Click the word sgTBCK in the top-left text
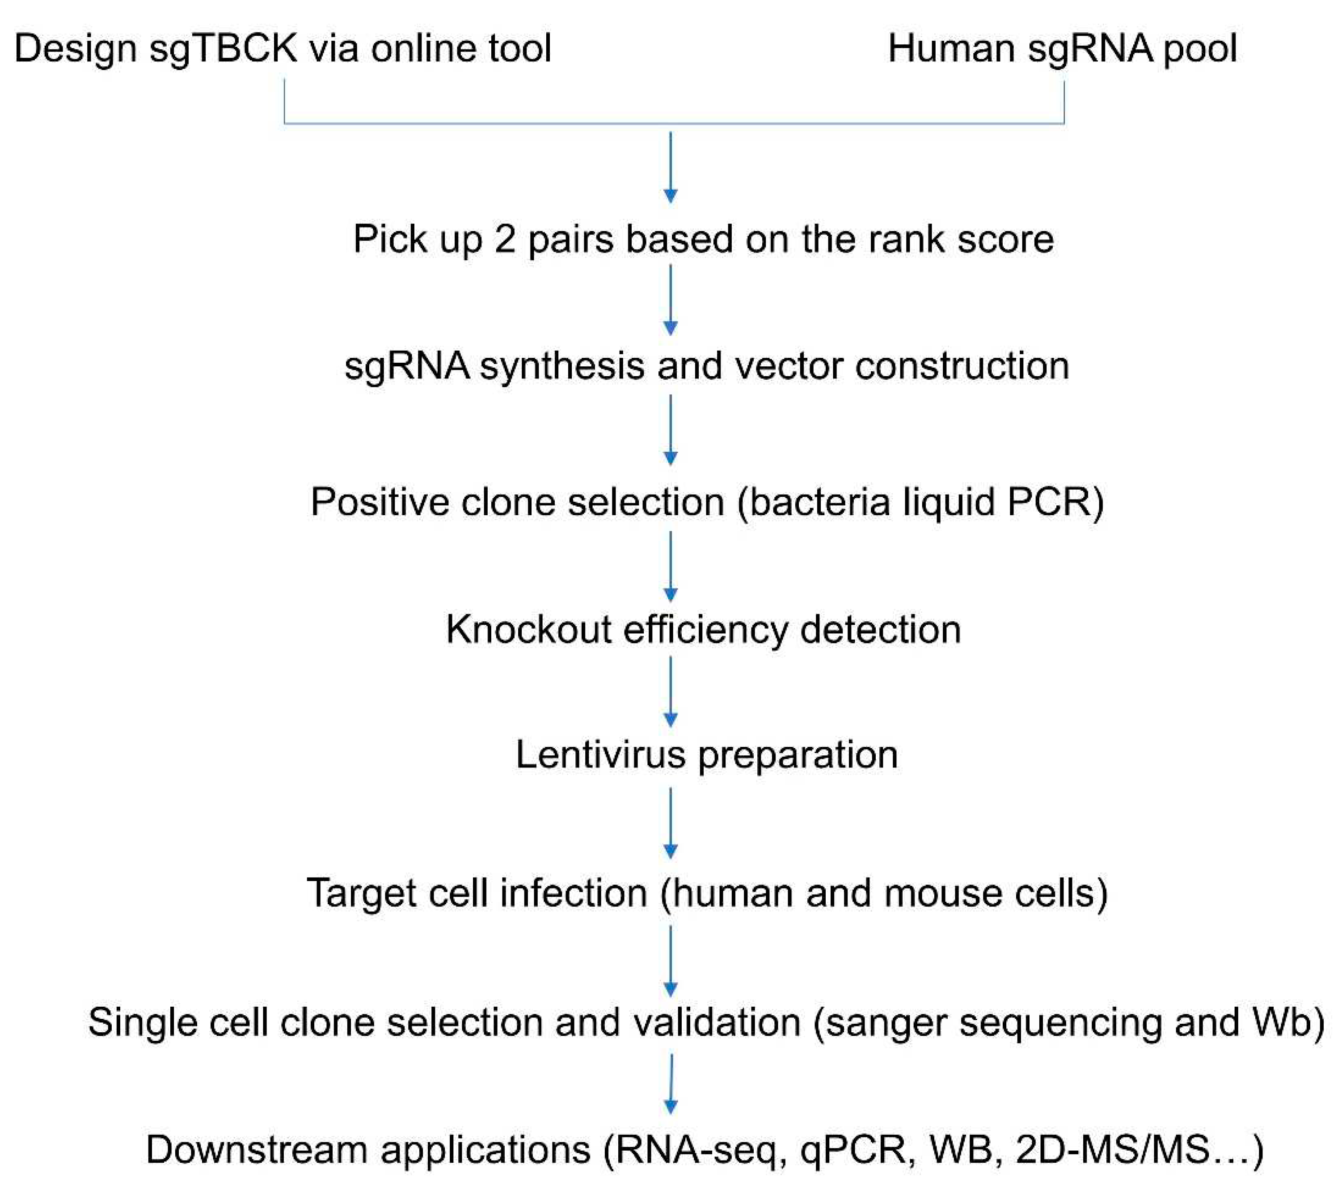223,49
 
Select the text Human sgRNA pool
1062,49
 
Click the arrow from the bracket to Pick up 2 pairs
671,168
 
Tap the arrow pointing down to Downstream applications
671,1084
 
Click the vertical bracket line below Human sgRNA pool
1063,102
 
